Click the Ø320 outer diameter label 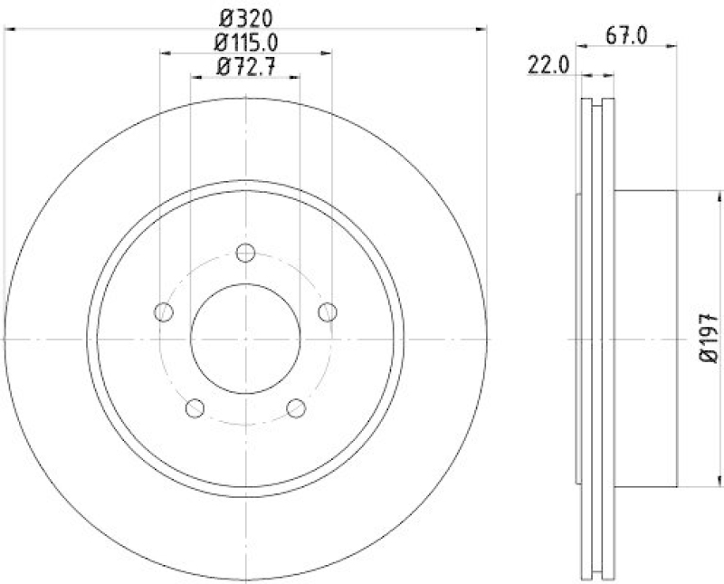244,15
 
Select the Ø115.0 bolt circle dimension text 245,41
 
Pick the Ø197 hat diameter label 709,337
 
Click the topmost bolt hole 245,253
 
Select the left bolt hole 164,312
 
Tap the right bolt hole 327,312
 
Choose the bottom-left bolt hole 195,408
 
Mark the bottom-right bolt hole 296,408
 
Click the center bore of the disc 245,339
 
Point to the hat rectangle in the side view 646,338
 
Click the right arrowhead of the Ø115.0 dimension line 327,53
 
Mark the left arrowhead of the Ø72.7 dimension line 195,78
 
